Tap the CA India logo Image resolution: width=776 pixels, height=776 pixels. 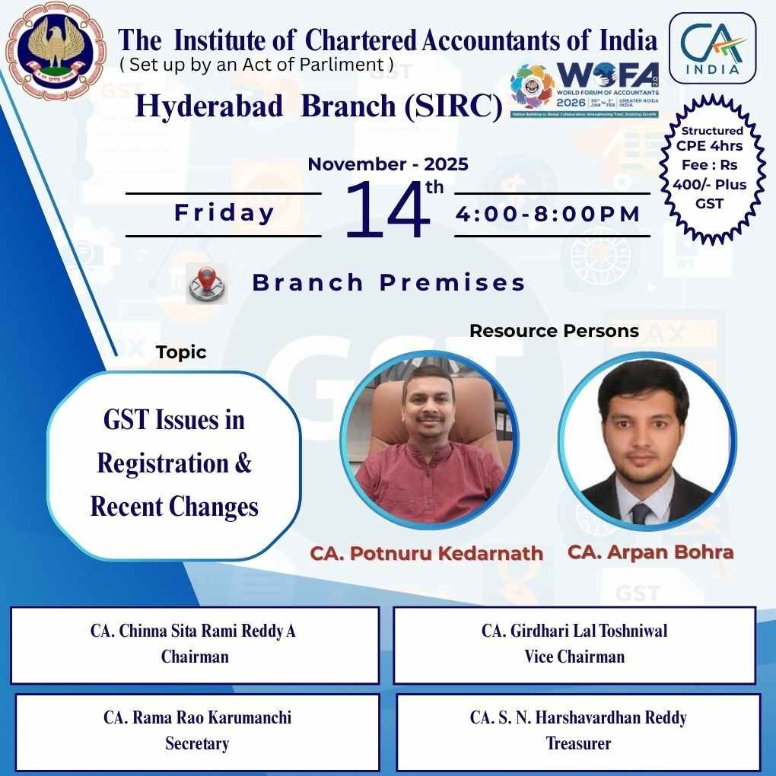tap(712, 47)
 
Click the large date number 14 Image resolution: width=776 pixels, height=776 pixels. tap(388, 211)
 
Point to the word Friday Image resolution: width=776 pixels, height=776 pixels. tap(224, 213)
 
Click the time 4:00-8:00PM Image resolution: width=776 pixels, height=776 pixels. tap(549, 214)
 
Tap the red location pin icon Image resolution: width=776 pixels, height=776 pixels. tap(205, 283)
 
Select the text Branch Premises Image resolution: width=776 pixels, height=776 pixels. tap(389, 283)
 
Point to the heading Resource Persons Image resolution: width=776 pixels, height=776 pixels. tap(554, 331)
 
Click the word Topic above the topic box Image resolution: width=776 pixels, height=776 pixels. tap(181, 352)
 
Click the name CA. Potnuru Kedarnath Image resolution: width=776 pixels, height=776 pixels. tap(426, 553)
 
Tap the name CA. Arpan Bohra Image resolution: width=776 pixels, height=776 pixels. tap(650, 552)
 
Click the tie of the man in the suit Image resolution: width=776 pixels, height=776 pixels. tap(641, 514)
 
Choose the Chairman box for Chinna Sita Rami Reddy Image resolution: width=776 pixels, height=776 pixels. tap(195, 644)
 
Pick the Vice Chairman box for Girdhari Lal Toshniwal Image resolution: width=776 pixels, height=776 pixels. tap(574, 644)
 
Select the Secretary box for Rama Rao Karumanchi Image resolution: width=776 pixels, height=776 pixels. tap(197, 730)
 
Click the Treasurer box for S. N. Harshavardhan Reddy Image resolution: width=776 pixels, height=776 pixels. tap(578, 730)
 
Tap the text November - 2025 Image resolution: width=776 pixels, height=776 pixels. tap(388, 164)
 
